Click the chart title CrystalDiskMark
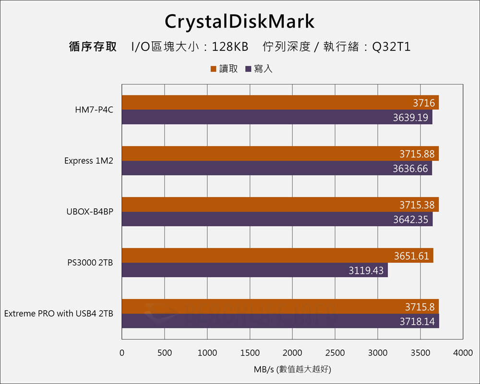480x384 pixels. tap(240, 22)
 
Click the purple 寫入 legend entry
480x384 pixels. tap(259, 69)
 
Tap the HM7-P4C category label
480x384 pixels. tap(94, 110)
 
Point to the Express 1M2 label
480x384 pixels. tap(89, 161)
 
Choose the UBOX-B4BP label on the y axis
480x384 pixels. tap(90, 212)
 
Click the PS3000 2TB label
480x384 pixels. tap(91, 263)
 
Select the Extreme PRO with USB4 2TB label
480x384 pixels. tap(59, 313)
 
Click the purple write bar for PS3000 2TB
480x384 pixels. tap(254, 270)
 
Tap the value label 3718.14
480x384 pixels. tap(417, 321)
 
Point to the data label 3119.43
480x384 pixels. tap(366, 270)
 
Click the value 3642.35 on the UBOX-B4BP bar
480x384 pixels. tap(410, 219)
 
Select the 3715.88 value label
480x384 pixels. tap(417, 154)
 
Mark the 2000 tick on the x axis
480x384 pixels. tap(292, 353)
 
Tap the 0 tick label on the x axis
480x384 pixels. tap(122, 353)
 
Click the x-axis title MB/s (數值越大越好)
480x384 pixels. tap(292, 370)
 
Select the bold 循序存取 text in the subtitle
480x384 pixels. tap(93, 47)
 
